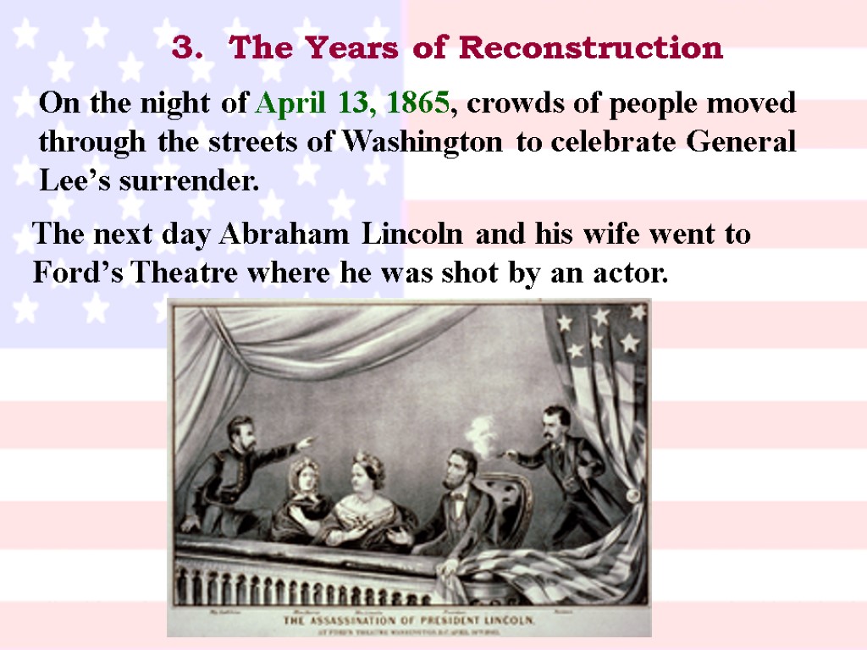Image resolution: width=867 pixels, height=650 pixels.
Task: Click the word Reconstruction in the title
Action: point(591,48)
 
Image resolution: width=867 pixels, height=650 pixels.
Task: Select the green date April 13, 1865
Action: point(351,104)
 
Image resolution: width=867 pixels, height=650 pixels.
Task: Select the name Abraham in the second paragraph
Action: point(284,234)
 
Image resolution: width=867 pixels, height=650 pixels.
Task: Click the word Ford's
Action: point(80,273)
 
